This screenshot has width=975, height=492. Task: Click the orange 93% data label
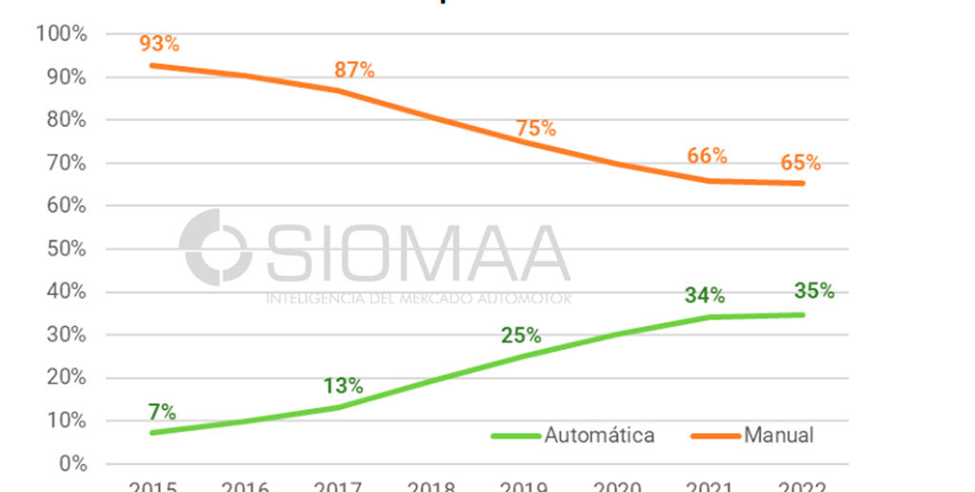pyautogui.click(x=159, y=43)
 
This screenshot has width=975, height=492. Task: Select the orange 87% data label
pyautogui.click(x=353, y=70)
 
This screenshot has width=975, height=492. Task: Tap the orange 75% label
pyautogui.click(x=535, y=129)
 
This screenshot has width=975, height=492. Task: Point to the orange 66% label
pyautogui.click(x=706, y=155)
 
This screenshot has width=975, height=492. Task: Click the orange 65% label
pyautogui.click(x=800, y=162)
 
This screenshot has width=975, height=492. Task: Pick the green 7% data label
pyautogui.click(x=162, y=412)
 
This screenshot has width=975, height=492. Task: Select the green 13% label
pyautogui.click(x=342, y=386)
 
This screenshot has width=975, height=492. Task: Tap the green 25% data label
pyautogui.click(x=521, y=336)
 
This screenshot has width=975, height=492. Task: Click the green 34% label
pyautogui.click(x=705, y=296)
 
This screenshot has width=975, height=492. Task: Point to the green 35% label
pyautogui.click(x=814, y=291)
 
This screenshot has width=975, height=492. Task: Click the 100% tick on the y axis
pyautogui.click(x=62, y=34)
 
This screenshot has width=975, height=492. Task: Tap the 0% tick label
pyautogui.click(x=71, y=463)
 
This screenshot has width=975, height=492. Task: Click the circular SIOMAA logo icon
pyautogui.click(x=216, y=248)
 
